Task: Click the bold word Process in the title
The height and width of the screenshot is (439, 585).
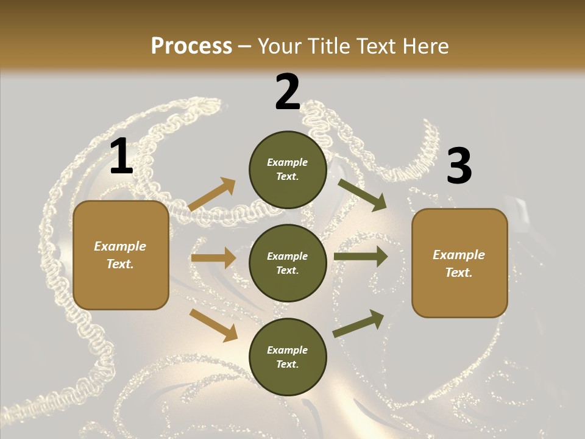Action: (191, 46)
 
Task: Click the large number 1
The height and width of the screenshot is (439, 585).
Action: (121, 157)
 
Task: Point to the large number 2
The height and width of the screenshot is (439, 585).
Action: (288, 92)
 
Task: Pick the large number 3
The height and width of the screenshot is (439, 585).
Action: (459, 166)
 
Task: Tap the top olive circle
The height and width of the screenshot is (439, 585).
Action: (288, 170)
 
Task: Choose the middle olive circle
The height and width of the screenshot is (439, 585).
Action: (288, 263)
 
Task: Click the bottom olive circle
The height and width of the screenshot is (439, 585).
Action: (288, 357)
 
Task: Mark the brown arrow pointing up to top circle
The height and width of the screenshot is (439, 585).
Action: (212, 194)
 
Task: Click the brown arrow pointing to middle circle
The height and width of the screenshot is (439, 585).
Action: (213, 258)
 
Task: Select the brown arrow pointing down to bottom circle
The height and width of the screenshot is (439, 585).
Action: (213, 324)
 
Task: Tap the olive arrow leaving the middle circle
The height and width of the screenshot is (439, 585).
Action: (361, 257)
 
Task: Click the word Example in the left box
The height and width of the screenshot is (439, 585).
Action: (120, 246)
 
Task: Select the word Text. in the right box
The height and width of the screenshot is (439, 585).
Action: (459, 273)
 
